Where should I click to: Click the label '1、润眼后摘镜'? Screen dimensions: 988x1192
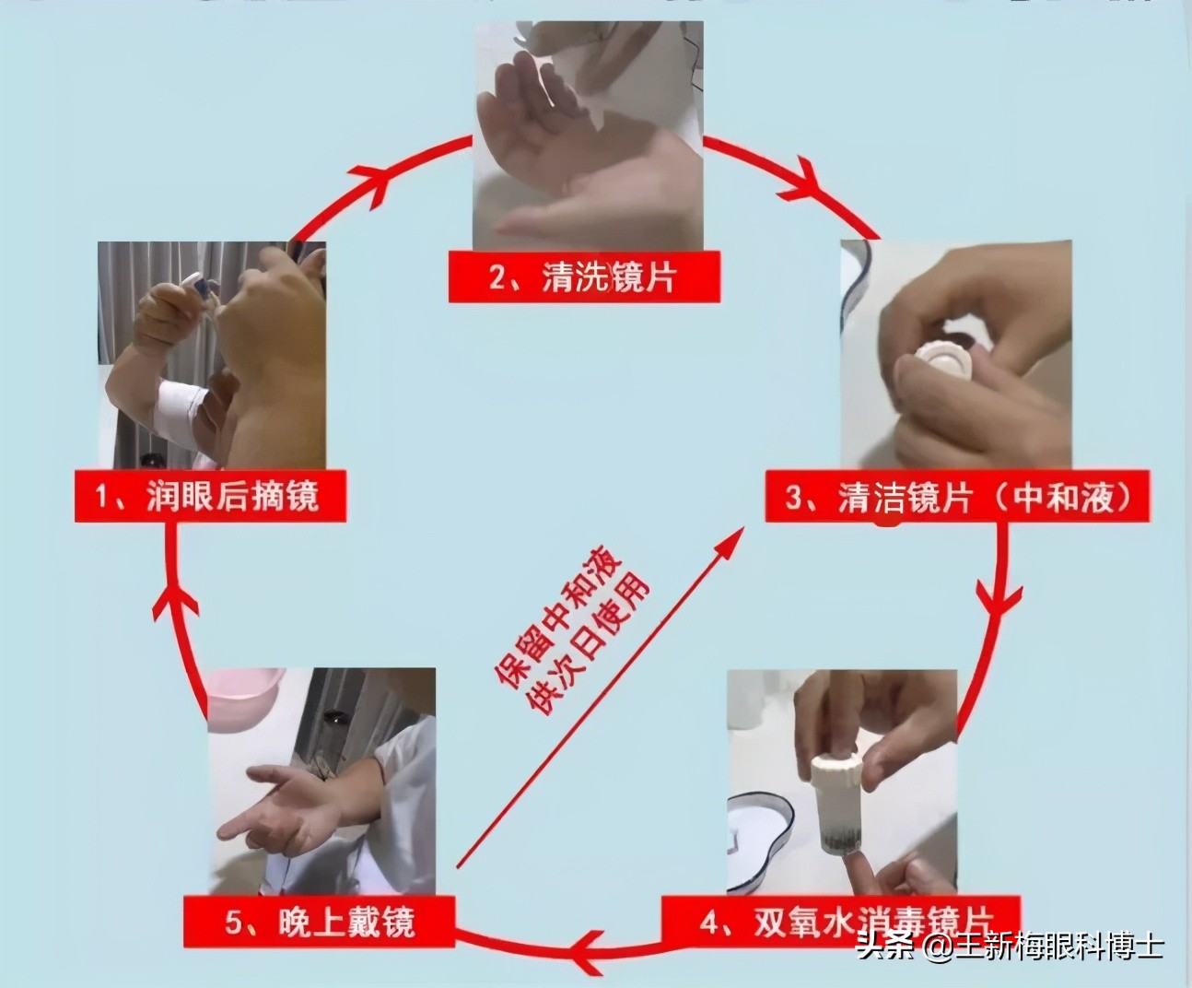tap(209, 498)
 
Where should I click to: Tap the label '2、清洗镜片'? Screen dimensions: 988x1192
tap(582, 276)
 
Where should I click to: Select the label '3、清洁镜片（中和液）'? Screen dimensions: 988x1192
tap(958, 498)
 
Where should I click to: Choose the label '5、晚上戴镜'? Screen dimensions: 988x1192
tap(320, 921)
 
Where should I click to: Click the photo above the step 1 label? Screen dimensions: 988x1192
tap(211, 355)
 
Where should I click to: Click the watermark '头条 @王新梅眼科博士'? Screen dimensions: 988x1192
tap(1010, 947)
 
